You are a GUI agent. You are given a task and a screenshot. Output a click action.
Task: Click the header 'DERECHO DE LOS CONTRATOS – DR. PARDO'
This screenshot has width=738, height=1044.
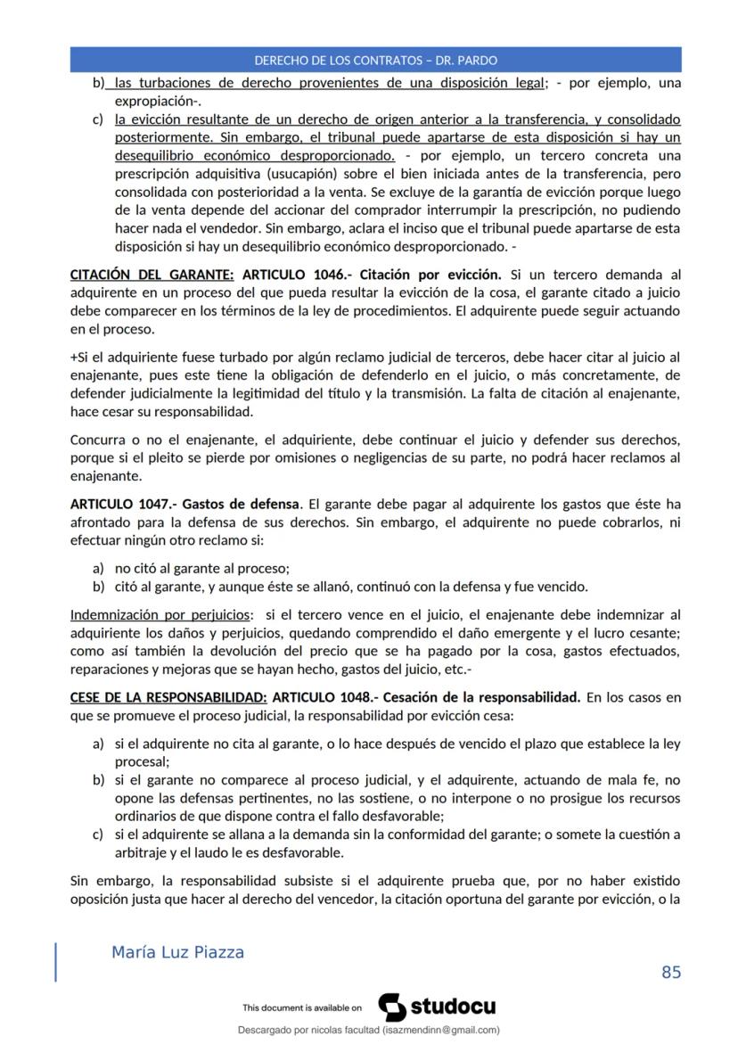pos(375,61)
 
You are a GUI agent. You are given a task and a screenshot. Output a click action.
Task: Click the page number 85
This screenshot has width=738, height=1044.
pos(671,972)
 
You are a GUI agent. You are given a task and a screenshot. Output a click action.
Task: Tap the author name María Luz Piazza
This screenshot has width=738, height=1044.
pos(177,952)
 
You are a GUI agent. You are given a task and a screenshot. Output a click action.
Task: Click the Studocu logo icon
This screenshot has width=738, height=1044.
pos(393,1007)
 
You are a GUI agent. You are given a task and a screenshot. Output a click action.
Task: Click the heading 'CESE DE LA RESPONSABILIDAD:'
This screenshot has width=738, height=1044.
pos(168,697)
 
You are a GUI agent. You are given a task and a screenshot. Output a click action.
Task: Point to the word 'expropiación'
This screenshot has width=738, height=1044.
pos(155,102)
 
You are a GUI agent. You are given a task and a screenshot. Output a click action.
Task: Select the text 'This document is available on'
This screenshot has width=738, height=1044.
pos(302,1007)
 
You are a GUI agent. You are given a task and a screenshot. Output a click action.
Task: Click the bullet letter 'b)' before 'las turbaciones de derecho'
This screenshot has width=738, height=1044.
pos(99,83)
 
